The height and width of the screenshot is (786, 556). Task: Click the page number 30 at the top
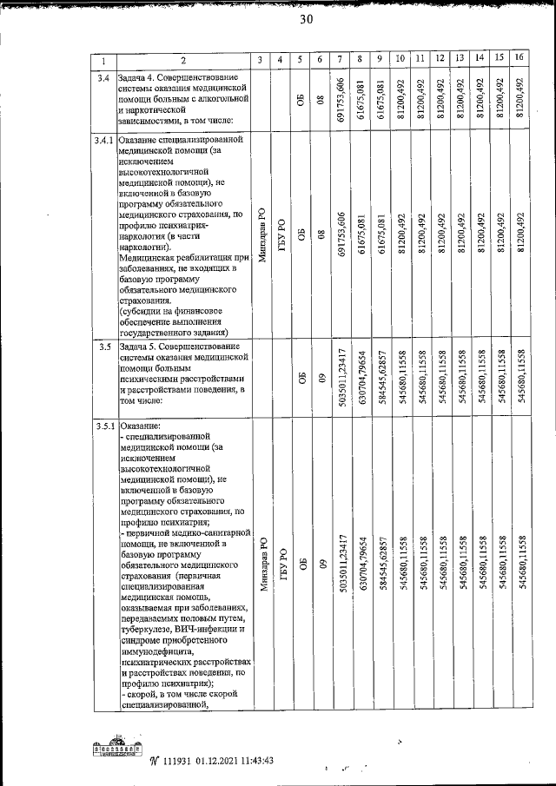(x=306, y=21)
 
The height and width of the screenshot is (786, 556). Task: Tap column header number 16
(x=519, y=57)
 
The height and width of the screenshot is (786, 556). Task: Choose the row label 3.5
(x=103, y=347)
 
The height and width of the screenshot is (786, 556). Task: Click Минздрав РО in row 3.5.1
(x=262, y=565)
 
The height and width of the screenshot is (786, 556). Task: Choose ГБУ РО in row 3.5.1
(x=281, y=565)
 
